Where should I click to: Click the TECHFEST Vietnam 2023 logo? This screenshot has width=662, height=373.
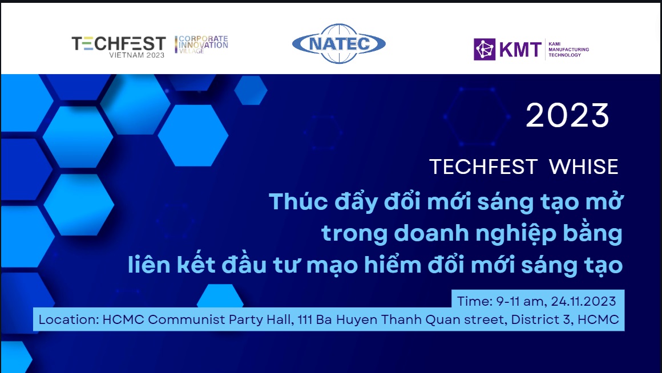coord(119,47)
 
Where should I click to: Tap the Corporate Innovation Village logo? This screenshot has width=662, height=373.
coord(201,44)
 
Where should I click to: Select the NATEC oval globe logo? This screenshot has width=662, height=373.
coord(338,43)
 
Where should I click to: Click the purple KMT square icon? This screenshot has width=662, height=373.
coord(485,50)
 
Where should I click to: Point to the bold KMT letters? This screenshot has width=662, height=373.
coord(520,50)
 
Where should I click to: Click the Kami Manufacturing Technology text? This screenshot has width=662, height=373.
coord(568,50)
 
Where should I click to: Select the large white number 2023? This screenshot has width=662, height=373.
coord(567,115)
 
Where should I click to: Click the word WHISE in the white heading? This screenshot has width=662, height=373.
coord(583,167)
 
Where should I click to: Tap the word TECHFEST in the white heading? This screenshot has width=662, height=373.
coord(483,167)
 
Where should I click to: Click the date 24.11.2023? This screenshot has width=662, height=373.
coord(583,301)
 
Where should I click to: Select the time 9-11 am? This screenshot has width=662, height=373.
coord(522,301)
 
